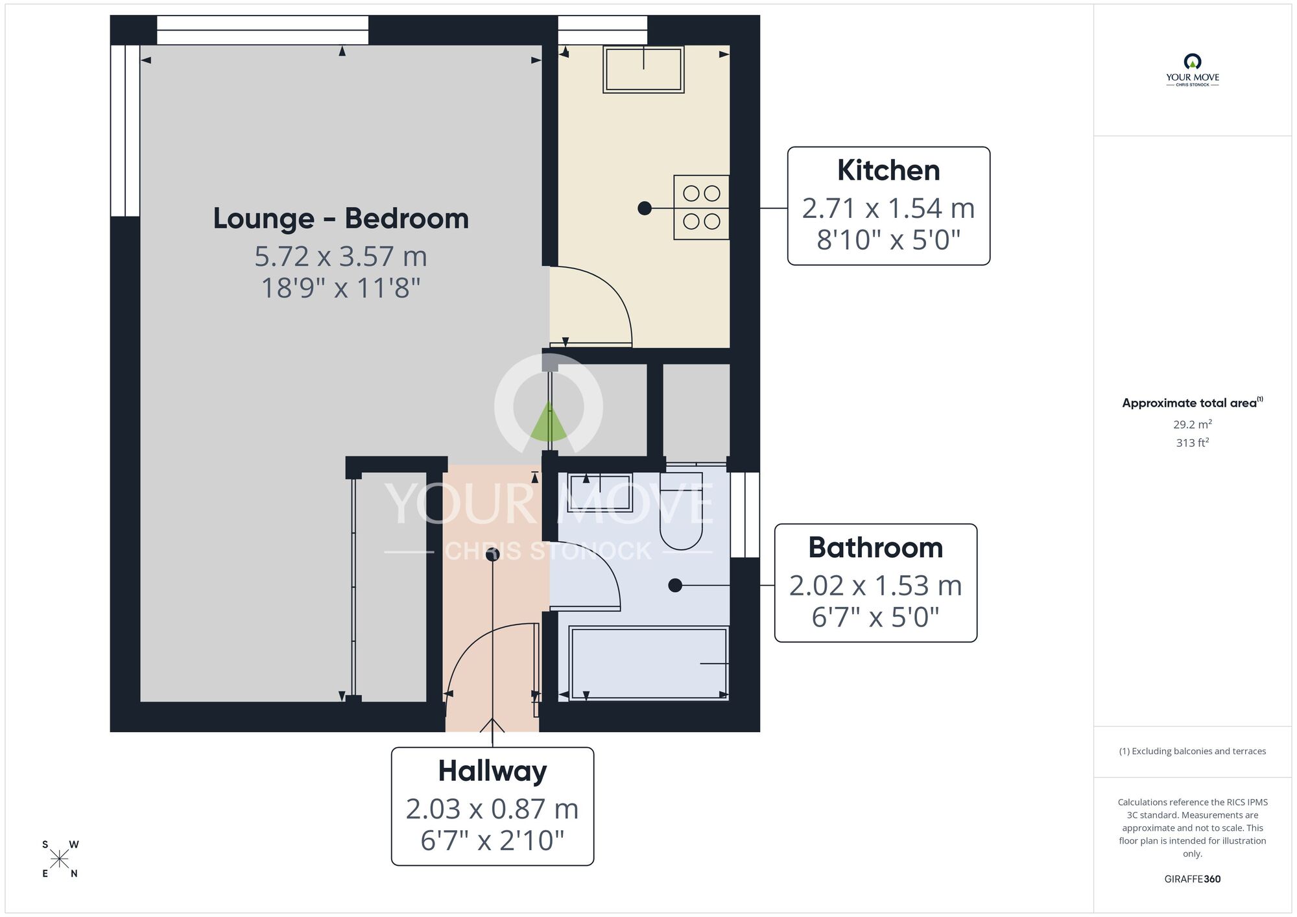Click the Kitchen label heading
(888, 171)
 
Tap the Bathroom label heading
(875, 548)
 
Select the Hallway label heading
(492, 771)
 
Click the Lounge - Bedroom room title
(340, 219)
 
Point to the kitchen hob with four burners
(701, 208)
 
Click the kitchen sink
(643, 69)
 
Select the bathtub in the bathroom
(648, 663)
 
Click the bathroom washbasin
(600, 492)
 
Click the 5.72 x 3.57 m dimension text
(340, 257)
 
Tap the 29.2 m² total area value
(1192, 425)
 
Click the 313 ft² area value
(1192, 443)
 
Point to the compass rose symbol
(60, 859)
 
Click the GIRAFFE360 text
(1192, 879)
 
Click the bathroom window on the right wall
(744, 515)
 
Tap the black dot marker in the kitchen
(644, 208)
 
